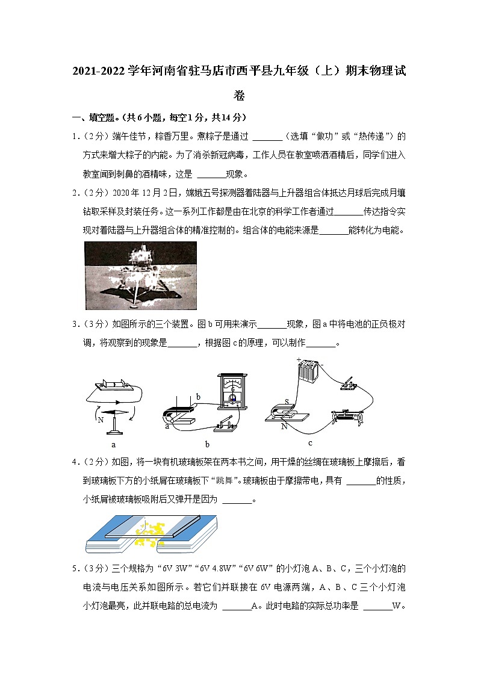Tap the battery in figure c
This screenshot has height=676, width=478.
(309, 371)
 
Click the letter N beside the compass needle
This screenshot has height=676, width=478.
(100, 419)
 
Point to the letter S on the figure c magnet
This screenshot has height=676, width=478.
(287, 402)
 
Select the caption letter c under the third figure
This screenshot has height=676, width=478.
(310, 444)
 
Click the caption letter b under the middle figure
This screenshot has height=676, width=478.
(206, 445)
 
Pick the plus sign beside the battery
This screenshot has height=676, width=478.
(299, 360)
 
